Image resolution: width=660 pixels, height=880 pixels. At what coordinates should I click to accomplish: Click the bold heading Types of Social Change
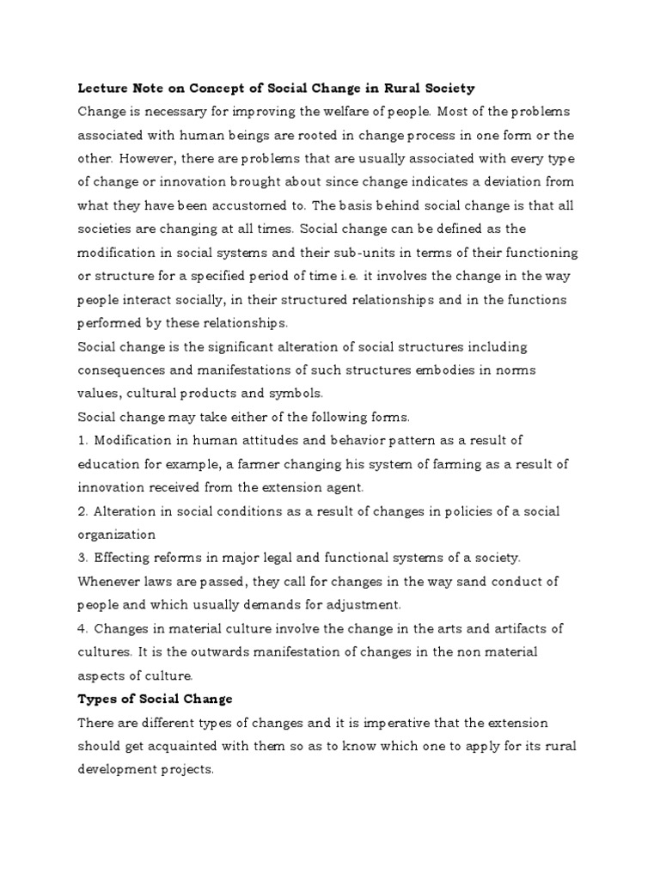coord(155,699)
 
